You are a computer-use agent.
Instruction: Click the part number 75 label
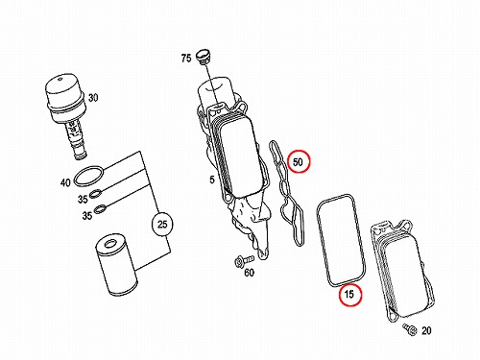click(x=186, y=59)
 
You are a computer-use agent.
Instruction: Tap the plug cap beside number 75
click(x=204, y=57)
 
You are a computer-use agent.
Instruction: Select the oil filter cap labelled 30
click(x=65, y=116)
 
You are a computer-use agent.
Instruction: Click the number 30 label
click(x=93, y=97)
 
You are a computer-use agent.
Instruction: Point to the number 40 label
click(x=65, y=182)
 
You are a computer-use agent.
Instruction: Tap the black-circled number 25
click(x=162, y=224)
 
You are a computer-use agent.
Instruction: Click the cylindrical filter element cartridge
click(x=117, y=264)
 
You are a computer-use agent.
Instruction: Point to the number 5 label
click(x=212, y=180)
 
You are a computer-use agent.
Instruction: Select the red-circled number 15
click(x=350, y=294)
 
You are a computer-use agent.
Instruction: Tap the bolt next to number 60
click(x=243, y=260)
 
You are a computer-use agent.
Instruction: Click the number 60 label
click(x=250, y=273)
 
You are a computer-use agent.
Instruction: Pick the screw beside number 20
click(x=410, y=329)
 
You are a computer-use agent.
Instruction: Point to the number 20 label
click(x=426, y=330)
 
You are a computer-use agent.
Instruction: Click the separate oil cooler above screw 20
click(x=402, y=272)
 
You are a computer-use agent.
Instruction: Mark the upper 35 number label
click(x=83, y=199)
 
